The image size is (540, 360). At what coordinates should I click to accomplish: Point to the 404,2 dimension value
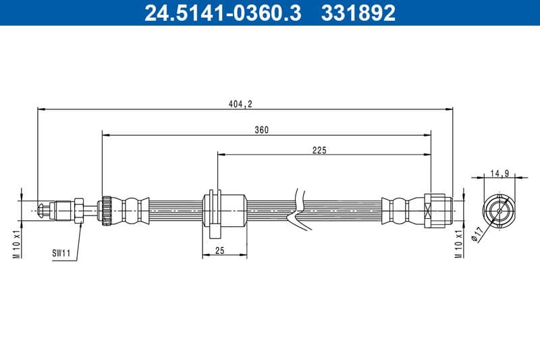(241, 103)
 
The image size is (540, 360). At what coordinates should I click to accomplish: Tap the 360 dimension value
(262, 130)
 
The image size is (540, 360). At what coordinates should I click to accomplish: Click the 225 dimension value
(319, 150)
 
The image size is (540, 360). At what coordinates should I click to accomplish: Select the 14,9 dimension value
(500, 174)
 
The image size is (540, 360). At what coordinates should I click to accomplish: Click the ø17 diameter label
(477, 233)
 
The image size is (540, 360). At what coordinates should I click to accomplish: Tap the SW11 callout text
(61, 254)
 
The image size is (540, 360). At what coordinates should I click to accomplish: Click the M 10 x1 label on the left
(18, 244)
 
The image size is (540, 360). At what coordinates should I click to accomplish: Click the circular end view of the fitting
(499, 210)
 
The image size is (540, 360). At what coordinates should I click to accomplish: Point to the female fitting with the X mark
(437, 211)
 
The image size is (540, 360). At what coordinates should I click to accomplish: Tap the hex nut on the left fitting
(79, 210)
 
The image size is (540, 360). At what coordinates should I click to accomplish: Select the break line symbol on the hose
(295, 211)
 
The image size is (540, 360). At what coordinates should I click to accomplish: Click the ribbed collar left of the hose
(106, 210)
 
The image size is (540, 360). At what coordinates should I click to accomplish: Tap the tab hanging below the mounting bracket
(213, 232)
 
